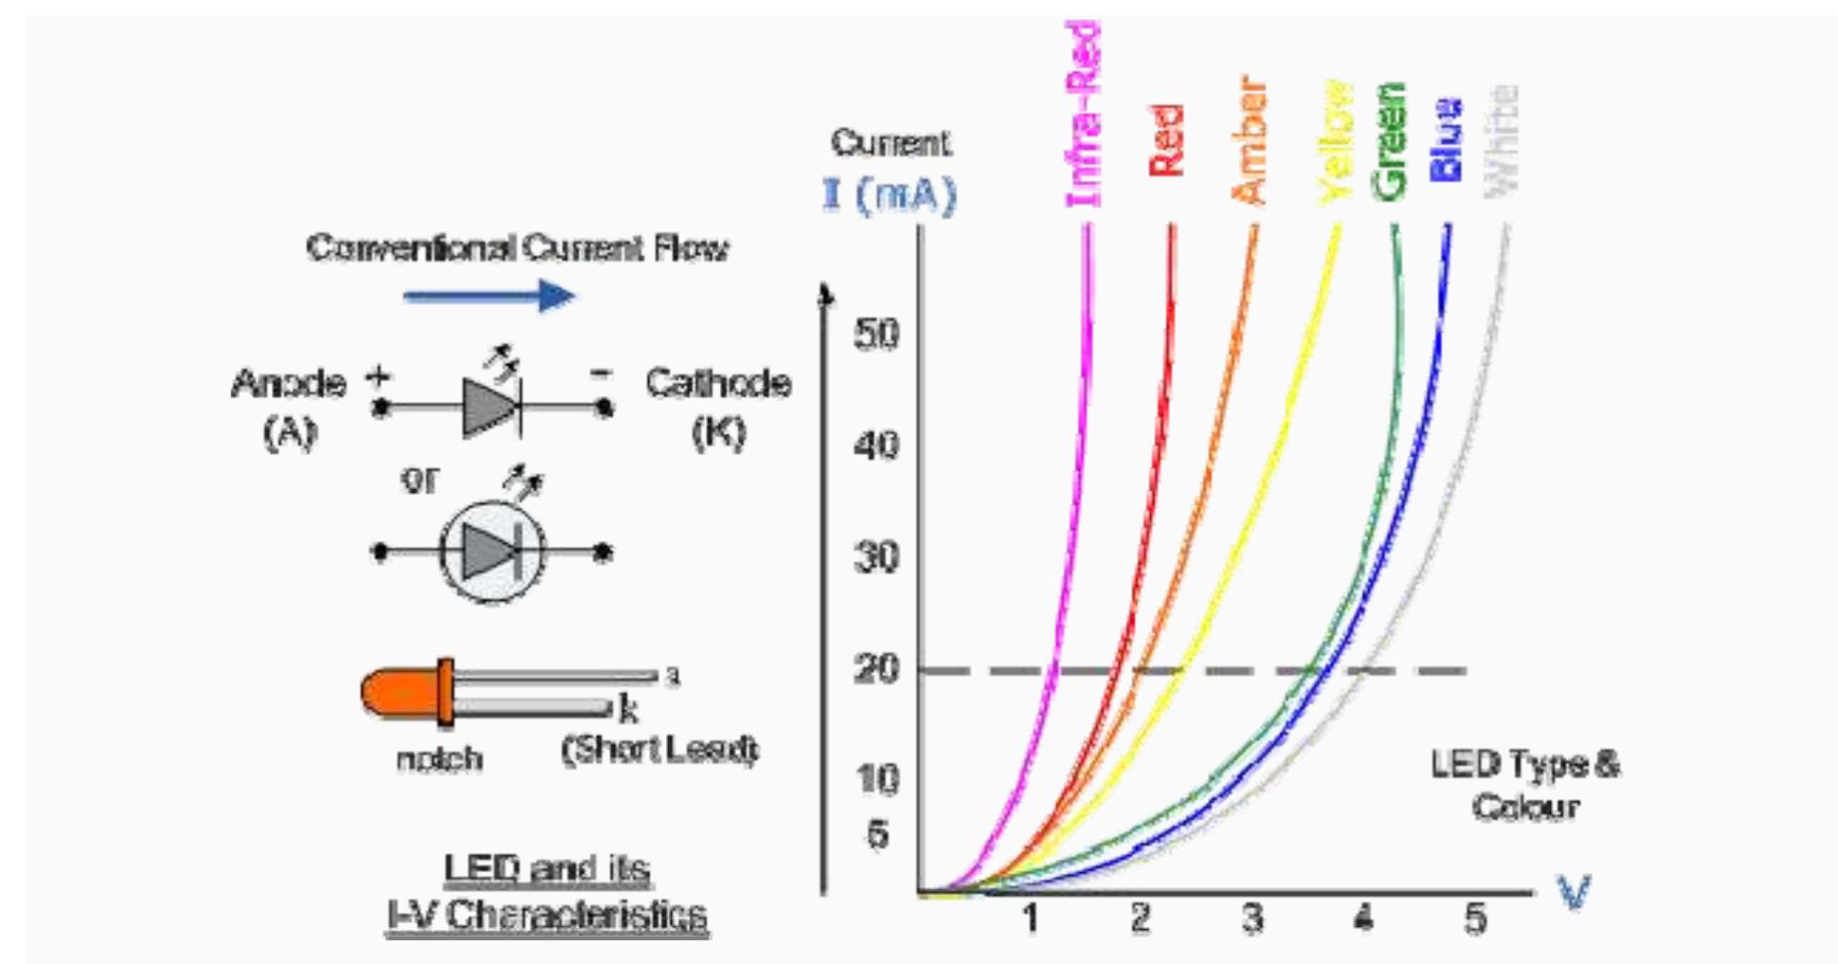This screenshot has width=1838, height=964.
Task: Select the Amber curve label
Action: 1250,140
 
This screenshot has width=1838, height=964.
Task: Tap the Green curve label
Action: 1390,142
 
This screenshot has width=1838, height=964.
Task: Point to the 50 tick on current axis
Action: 876,335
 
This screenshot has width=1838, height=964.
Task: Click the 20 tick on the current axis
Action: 876,670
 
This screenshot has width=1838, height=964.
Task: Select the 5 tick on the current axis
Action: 878,834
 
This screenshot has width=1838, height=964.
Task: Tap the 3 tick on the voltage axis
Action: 1252,918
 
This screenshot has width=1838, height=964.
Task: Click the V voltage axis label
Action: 1574,892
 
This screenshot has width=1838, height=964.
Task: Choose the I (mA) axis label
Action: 890,194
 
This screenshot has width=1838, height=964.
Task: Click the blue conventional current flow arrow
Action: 489,296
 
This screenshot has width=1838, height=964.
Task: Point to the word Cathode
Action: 718,383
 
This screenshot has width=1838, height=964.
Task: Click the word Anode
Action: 289,384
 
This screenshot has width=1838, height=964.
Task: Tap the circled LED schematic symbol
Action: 492,552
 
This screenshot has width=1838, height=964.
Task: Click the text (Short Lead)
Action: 659,750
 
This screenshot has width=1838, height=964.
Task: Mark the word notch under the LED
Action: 439,758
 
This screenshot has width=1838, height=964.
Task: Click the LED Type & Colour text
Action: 1524,785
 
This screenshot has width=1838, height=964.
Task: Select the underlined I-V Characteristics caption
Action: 547,916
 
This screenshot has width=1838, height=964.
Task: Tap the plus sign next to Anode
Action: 378,376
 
